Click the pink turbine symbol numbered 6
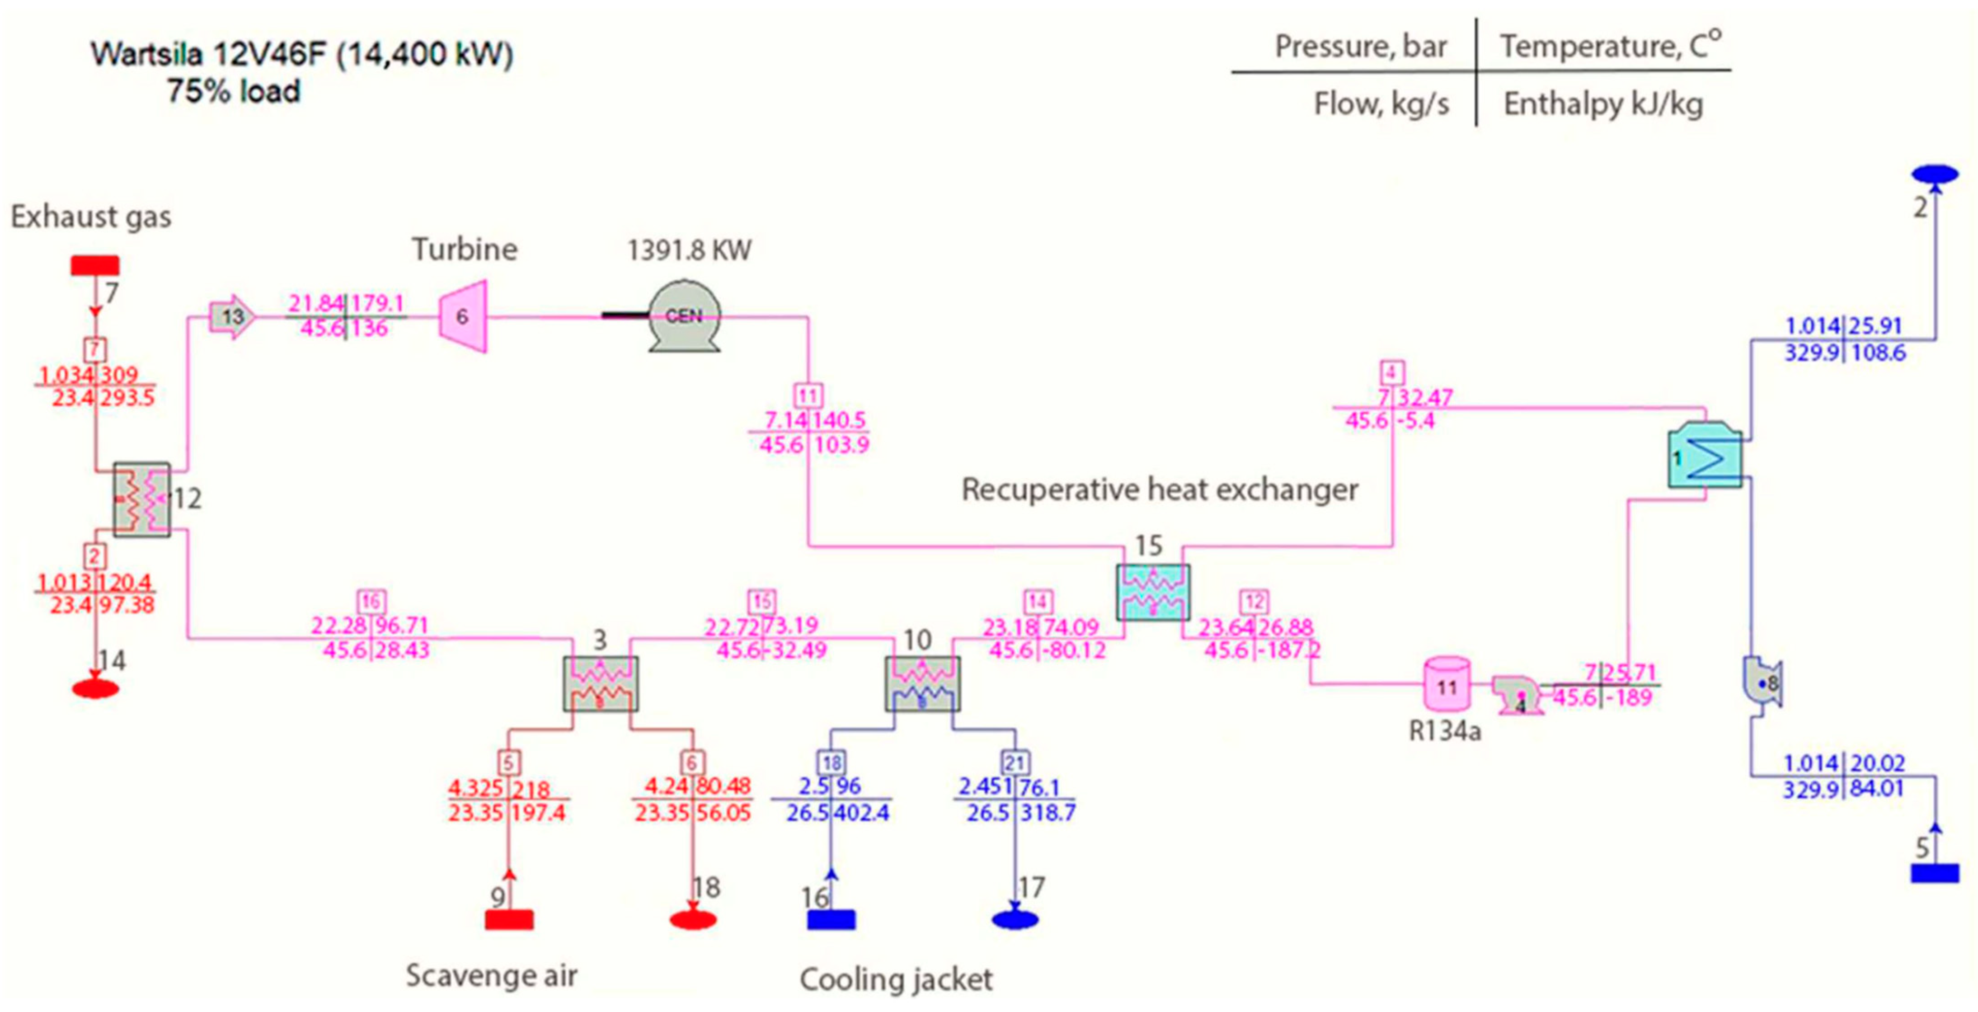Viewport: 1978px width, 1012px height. click(463, 316)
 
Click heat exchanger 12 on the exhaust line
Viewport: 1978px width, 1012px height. click(142, 499)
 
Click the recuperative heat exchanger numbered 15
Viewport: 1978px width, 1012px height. click(1152, 592)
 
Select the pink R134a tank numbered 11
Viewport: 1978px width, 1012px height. click(1447, 684)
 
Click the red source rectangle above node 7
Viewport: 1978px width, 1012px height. click(95, 266)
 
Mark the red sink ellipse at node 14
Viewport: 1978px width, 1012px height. click(95, 688)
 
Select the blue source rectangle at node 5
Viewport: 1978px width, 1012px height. click(1934, 873)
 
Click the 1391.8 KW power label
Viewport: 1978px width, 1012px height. click(689, 250)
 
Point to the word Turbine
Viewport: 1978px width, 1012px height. click(465, 249)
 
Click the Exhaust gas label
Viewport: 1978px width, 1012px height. click(90, 217)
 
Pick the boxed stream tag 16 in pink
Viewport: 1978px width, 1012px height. click(371, 601)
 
